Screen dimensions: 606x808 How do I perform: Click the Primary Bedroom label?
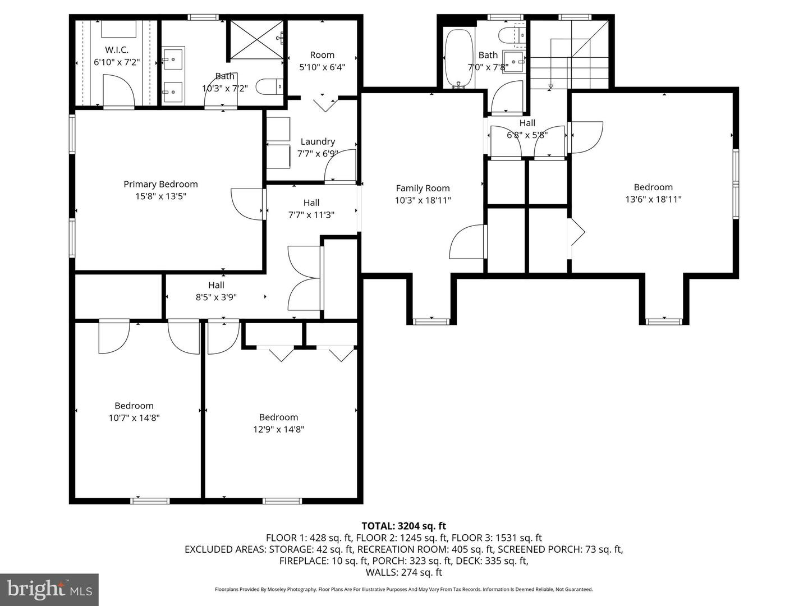click(160, 184)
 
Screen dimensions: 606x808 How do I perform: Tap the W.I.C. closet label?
click(116, 50)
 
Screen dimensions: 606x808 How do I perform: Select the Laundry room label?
click(318, 142)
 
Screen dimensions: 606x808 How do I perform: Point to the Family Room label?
click(423, 189)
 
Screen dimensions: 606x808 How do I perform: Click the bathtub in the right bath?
click(459, 58)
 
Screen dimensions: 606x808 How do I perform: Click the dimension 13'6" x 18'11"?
click(653, 199)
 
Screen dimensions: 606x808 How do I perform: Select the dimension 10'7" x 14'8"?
click(134, 418)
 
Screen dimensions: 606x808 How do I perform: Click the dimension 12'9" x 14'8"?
click(278, 429)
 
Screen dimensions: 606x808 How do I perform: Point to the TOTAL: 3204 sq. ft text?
click(403, 526)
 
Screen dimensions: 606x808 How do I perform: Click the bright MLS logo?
click(49, 589)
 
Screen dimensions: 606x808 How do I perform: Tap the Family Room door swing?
click(467, 242)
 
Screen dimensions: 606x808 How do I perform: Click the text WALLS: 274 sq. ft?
click(403, 572)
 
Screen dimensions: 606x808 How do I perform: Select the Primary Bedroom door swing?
click(247, 204)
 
